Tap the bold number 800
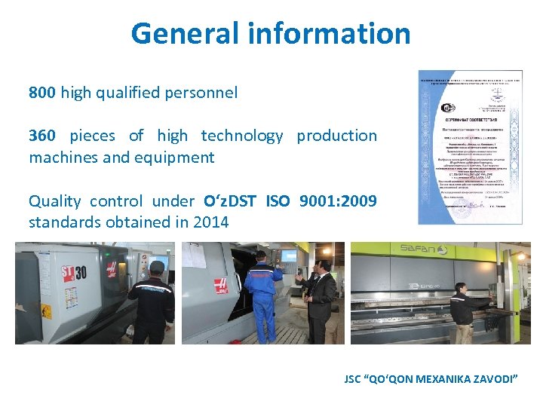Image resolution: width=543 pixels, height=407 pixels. [x=42, y=93]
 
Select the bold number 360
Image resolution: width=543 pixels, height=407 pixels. [x=42, y=136]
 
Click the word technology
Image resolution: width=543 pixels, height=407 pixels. [x=241, y=136]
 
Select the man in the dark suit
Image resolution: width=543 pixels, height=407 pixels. [x=321, y=298]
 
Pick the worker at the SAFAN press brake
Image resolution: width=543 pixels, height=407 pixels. [x=461, y=309]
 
